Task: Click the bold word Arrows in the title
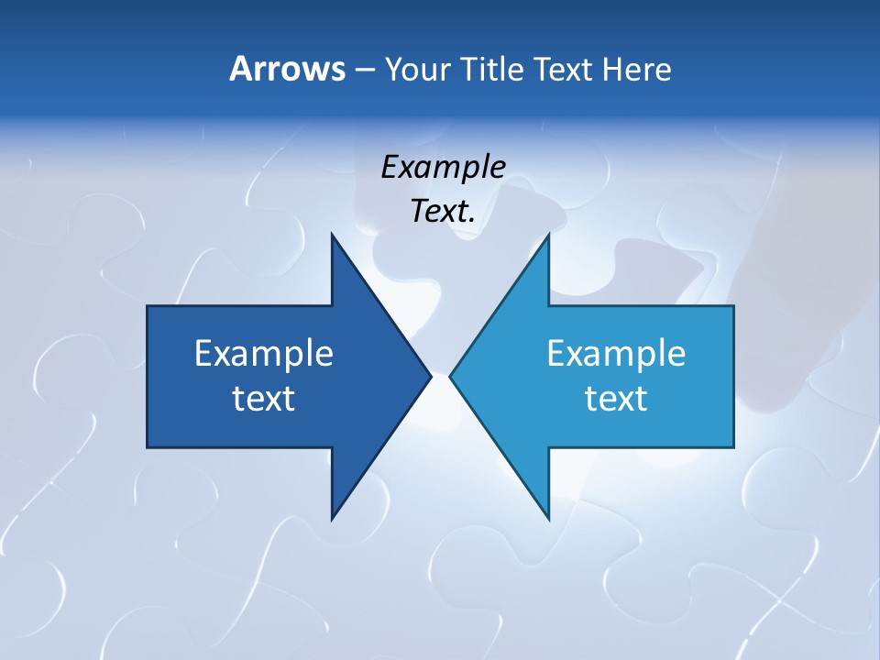pyautogui.click(x=286, y=69)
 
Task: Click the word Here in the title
pyautogui.click(x=636, y=69)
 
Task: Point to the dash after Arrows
pyautogui.click(x=364, y=70)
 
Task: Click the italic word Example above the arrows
pyautogui.click(x=443, y=167)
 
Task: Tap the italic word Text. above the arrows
pyautogui.click(x=443, y=212)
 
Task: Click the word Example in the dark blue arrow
pyautogui.click(x=264, y=353)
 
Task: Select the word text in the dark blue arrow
pyautogui.click(x=264, y=398)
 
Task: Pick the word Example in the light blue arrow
pyautogui.click(x=616, y=353)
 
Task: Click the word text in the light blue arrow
pyautogui.click(x=616, y=398)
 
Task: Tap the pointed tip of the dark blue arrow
pyautogui.click(x=431, y=376)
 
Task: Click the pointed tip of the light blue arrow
pyautogui.click(x=450, y=376)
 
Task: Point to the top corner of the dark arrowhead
pyautogui.click(x=332, y=234)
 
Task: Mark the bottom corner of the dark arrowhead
pyautogui.click(x=332, y=519)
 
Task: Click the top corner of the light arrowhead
pyautogui.click(x=548, y=234)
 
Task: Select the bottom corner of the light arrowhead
pyautogui.click(x=548, y=519)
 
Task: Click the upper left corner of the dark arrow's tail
pyautogui.click(x=148, y=306)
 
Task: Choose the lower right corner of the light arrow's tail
pyautogui.click(x=733, y=447)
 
